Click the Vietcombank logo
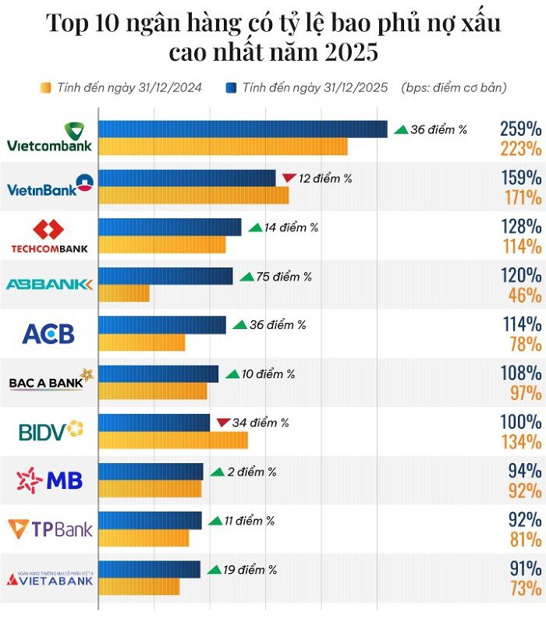[x=49, y=137]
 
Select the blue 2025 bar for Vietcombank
[x=243, y=129]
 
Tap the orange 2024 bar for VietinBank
[x=193, y=196]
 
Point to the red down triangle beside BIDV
[x=223, y=423]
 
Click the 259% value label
[x=521, y=129]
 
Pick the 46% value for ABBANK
[x=524, y=295]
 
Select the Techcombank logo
[x=49, y=236]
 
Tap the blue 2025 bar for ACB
[x=162, y=324]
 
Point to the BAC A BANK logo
[x=50, y=381]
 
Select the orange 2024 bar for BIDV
[x=173, y=440]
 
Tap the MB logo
[x=49, y=480]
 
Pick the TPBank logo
[x=50, y=529]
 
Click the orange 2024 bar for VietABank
[x=139, y=586]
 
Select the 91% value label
[x=521, y=568]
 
